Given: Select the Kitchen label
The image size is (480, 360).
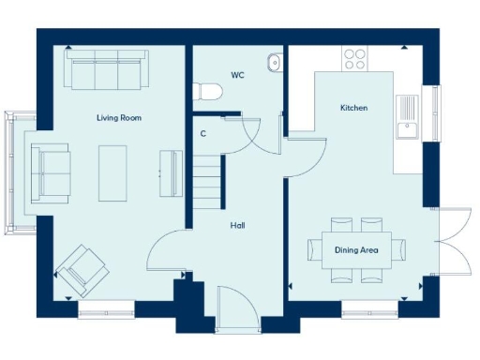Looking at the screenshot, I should click(x=353, y=109).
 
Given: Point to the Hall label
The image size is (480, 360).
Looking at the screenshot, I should click(x=238, y=225).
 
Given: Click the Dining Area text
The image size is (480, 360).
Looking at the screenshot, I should click(x=357, y=250).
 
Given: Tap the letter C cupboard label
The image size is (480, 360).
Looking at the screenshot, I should click(x=203, y=134).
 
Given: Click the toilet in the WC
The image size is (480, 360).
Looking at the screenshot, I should click(x=206, y=91).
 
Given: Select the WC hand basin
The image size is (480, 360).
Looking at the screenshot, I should click(x=274, y=62).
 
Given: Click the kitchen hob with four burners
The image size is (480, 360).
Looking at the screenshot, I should click(x=355, y=58).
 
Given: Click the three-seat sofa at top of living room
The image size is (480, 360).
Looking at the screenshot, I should click(x=104, y=70).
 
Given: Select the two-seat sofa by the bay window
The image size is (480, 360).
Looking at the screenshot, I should click(x=50, y=172).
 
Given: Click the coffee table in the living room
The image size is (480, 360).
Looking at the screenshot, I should click(x=112, y=172).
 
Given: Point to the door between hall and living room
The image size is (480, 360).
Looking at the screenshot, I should click(x=167, y=251).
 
